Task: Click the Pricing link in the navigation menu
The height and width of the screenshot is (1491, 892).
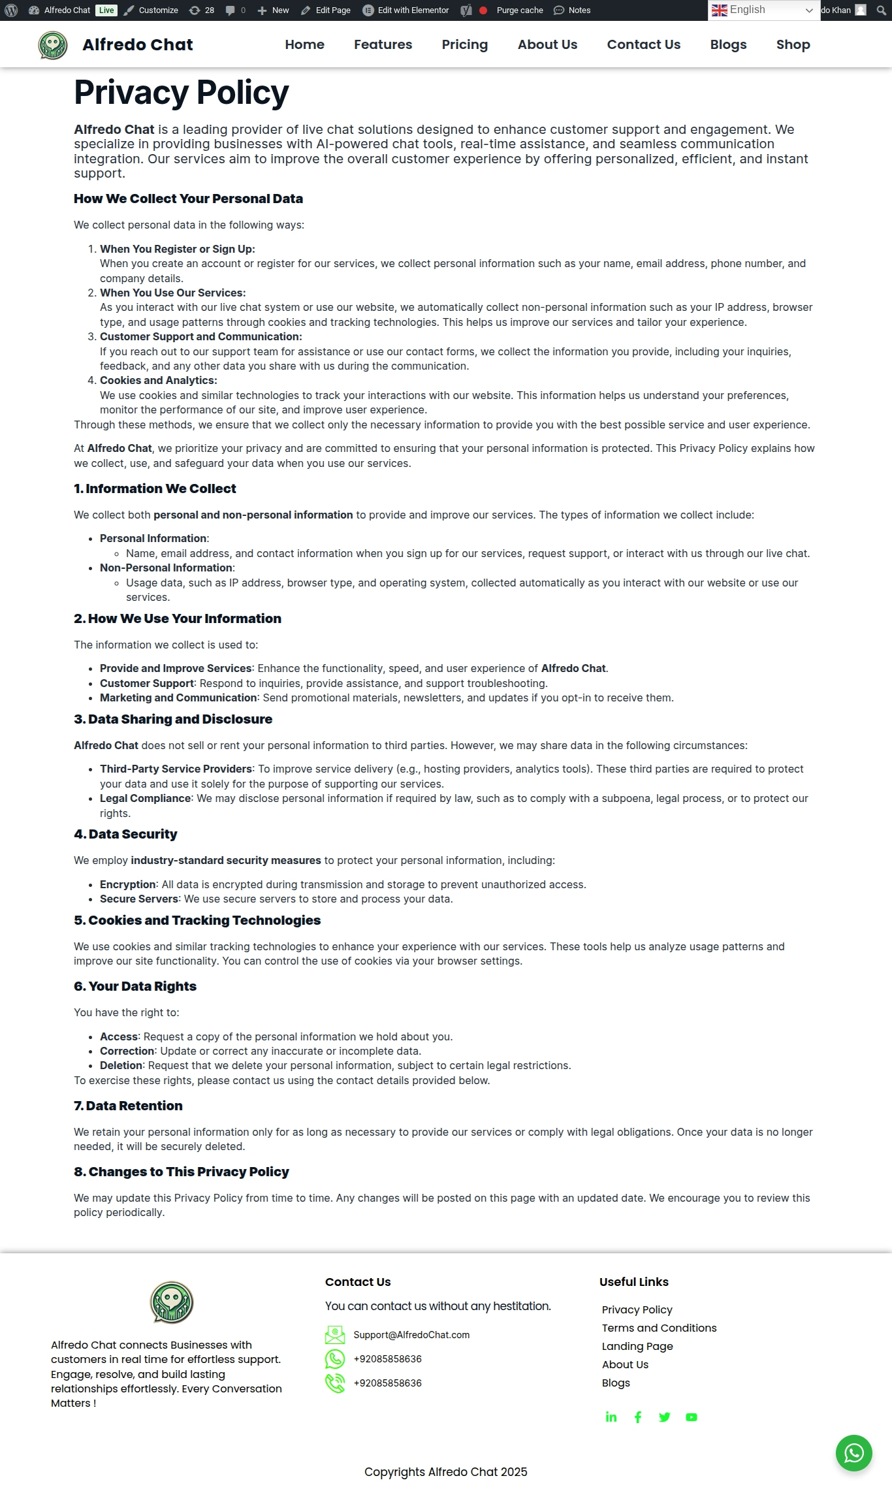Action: coord(464,44)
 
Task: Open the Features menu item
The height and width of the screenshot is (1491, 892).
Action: coord(383,44)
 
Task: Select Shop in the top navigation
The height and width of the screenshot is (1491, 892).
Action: coord(793,44)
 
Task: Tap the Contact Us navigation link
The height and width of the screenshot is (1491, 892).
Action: coord(643,44)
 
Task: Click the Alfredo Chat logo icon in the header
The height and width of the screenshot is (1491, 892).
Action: coord(53,45)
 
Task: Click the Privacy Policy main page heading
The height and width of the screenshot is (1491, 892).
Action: coord(182,92)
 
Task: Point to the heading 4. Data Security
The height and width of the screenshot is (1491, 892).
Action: coord(125,834)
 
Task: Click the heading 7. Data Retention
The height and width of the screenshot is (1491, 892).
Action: coord(128,1106)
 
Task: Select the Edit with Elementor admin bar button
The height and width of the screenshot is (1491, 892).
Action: coord(406,10)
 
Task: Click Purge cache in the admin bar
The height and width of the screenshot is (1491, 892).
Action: coord(519,10)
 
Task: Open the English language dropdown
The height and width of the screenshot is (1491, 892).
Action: coord(763,10)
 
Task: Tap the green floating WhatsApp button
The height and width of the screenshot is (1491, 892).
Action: coord(853,1453)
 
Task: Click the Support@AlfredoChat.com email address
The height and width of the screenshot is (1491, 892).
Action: coord(411,1335)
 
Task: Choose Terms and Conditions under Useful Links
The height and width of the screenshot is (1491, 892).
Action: coord(659,1328)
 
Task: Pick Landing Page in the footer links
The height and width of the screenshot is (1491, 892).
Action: coord(637,1346)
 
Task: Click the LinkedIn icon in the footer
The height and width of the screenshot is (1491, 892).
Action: coord(611,1417)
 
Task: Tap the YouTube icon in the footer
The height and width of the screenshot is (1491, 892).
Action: coord(692,1417)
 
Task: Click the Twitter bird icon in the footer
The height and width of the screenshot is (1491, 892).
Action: coord(665,1417)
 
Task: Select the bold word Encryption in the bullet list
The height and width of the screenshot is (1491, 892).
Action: coord(127,884)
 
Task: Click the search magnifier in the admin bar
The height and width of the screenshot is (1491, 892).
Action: coord(881,10)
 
